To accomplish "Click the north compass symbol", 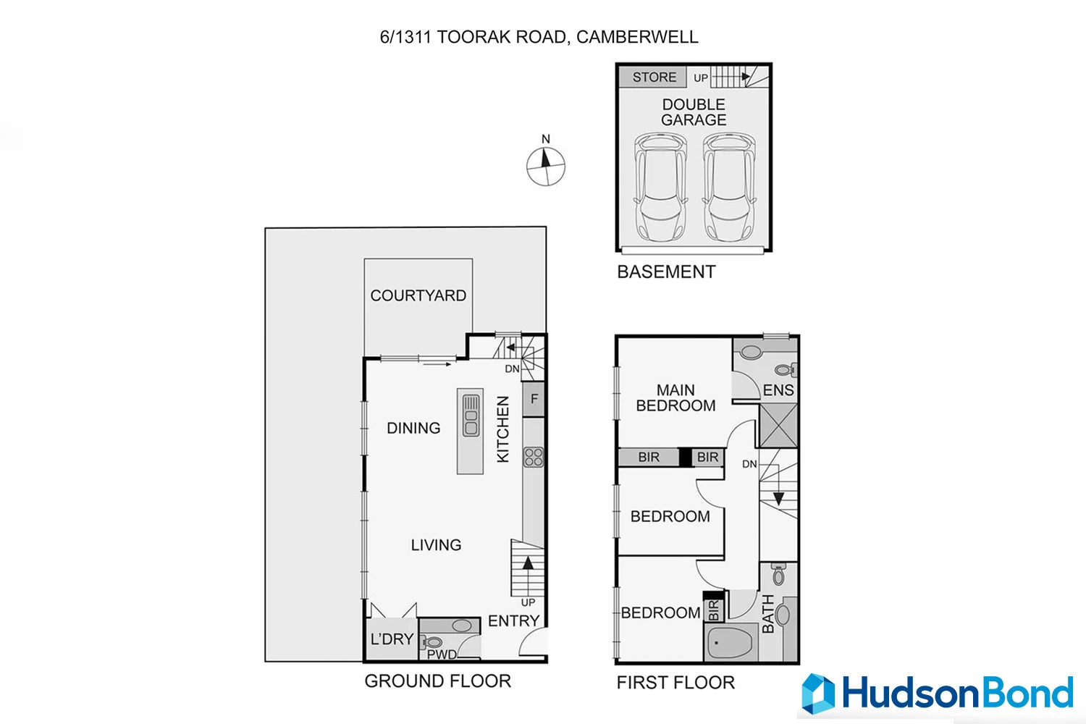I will click(x=545, y=166).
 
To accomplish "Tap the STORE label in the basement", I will click(x=654, y=77).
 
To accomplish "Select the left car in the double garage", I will click(x=660, y=188).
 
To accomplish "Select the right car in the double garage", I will click(x=729, y=188).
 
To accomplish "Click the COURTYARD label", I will click(x=418, y=295).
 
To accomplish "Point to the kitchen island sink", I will click(x=471, y=416).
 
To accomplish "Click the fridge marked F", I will click(x=534, y=399).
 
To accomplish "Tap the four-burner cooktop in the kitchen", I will click(x=534, y=457).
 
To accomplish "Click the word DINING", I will click(x=413, y=428).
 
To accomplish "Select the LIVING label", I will click(x=436, y=545).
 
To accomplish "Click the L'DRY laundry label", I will click(x=392, y=639).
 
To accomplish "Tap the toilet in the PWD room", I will click(x=434, y=642).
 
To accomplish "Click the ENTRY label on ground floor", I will click(x=513, y=621).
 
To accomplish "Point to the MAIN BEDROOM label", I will click(x=675, y=398).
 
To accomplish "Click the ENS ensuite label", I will click(x=778, y=390).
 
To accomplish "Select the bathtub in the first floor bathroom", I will click(x=731, y=642).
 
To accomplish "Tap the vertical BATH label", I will click(x=768, y=614).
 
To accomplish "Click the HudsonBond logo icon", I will click(x=818, y=694).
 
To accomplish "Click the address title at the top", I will click(x=539, y=37).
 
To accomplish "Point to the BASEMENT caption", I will click(x=666, y=272).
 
